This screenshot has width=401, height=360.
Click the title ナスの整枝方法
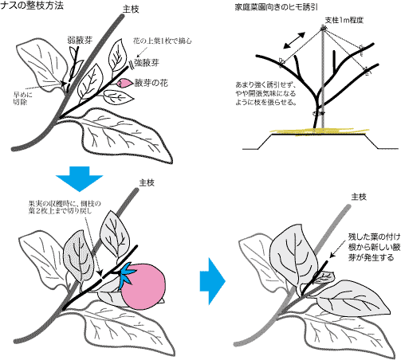pos(32,6)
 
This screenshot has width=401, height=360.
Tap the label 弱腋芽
pos(81,41)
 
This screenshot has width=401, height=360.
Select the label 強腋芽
pos(147,63)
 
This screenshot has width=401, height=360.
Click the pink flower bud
pos(124,83)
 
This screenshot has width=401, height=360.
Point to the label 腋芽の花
pos(151,83)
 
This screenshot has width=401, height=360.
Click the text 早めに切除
pos(22,98)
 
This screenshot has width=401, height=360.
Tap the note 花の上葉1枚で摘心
pos(162,41)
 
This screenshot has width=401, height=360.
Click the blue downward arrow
pos(79,178)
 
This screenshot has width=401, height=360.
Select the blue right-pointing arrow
pos(212,281)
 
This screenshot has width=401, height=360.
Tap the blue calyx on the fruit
pos(128,276)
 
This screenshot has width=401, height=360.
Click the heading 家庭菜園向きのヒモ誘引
pos(276,7)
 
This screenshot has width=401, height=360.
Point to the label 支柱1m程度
pos(344,20)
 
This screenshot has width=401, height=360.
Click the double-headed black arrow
pos(294,41)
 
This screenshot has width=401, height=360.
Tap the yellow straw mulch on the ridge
pos(319,131)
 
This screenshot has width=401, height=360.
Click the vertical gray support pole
pos(323,78)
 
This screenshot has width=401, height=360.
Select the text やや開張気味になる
pos(265,93)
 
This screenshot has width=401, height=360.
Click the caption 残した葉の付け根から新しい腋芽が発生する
pos(374,247)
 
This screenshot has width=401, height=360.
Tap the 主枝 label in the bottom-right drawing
pos(359,197)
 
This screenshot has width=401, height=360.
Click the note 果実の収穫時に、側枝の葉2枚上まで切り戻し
pos(65,207)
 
